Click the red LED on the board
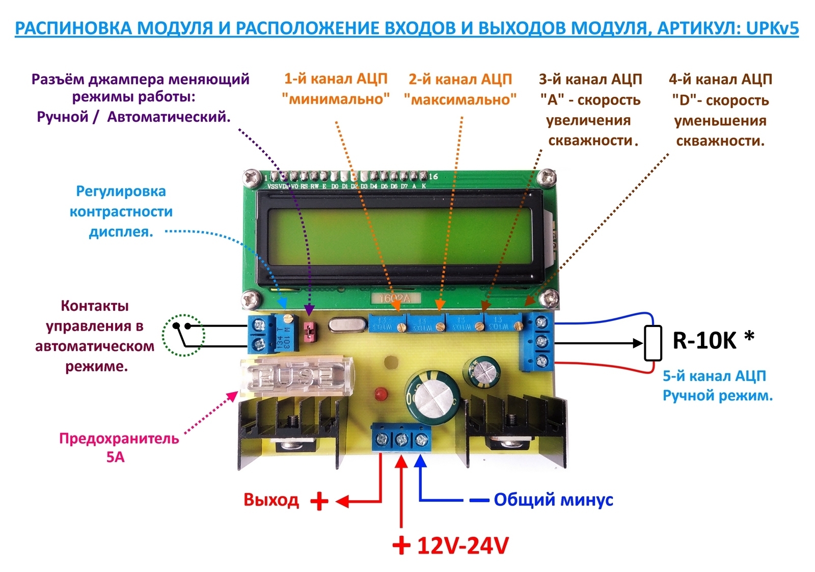[379, 394]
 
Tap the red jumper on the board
[308, 331]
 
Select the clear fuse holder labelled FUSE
[295, 376]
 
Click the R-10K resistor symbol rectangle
[653, 343]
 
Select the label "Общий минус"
[553, 500]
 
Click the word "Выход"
[271, 500]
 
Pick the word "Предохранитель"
[119, 439]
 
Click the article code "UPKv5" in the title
[772, 28]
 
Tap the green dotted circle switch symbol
[183, 335]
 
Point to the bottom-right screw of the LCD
[550, 298]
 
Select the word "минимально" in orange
[336, 99]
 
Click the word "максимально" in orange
[460, 99]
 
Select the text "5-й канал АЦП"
[714, 376]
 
